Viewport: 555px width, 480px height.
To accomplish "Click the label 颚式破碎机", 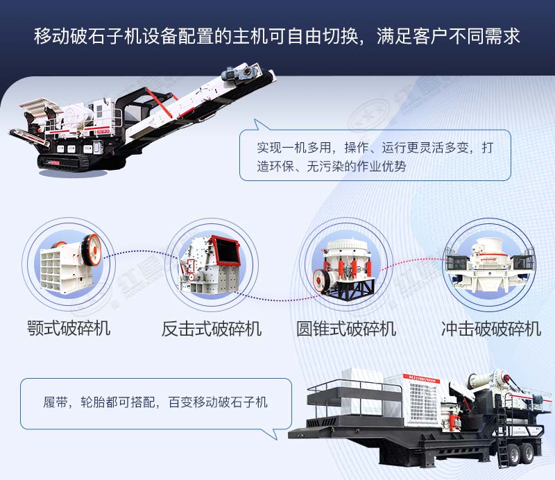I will (69, 327).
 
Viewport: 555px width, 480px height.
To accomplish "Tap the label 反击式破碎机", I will (212, 328).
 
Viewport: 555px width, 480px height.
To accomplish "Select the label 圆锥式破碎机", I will (346, 328).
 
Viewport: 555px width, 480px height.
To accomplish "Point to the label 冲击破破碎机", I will (491, 328).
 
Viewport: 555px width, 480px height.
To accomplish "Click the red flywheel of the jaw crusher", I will (91, 248).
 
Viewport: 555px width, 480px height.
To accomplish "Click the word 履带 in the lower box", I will (54, 402).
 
